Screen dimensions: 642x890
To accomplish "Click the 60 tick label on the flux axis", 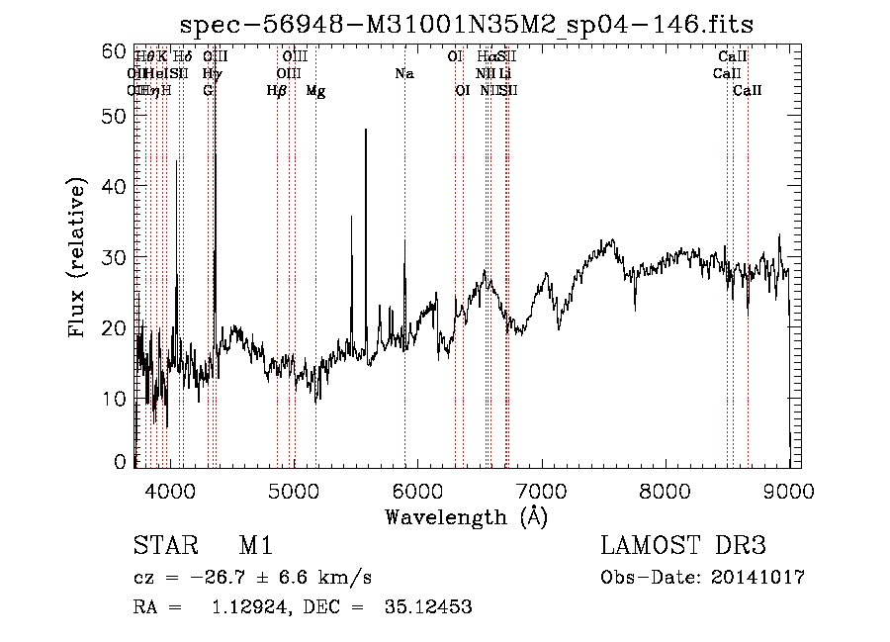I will tap(116, 50).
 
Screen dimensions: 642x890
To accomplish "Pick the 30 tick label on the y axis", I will tap(116, 256).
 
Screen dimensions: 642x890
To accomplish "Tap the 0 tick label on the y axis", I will tap(122, 461).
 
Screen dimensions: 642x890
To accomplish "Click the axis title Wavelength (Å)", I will tap(466, 516).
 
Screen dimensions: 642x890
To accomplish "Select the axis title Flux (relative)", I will tap(78, 257).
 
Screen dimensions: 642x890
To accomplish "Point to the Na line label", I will tap(404, 74).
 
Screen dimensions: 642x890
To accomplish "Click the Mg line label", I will tap(315, 91).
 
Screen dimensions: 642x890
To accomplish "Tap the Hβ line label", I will tap(277, 91).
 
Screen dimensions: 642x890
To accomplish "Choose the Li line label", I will tap(505, 74).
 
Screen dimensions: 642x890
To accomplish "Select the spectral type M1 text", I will tap(255, 545).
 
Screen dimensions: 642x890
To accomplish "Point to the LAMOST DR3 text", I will tap(683, 545).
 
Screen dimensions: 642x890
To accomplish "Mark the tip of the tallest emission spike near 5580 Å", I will tap(366, 130).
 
